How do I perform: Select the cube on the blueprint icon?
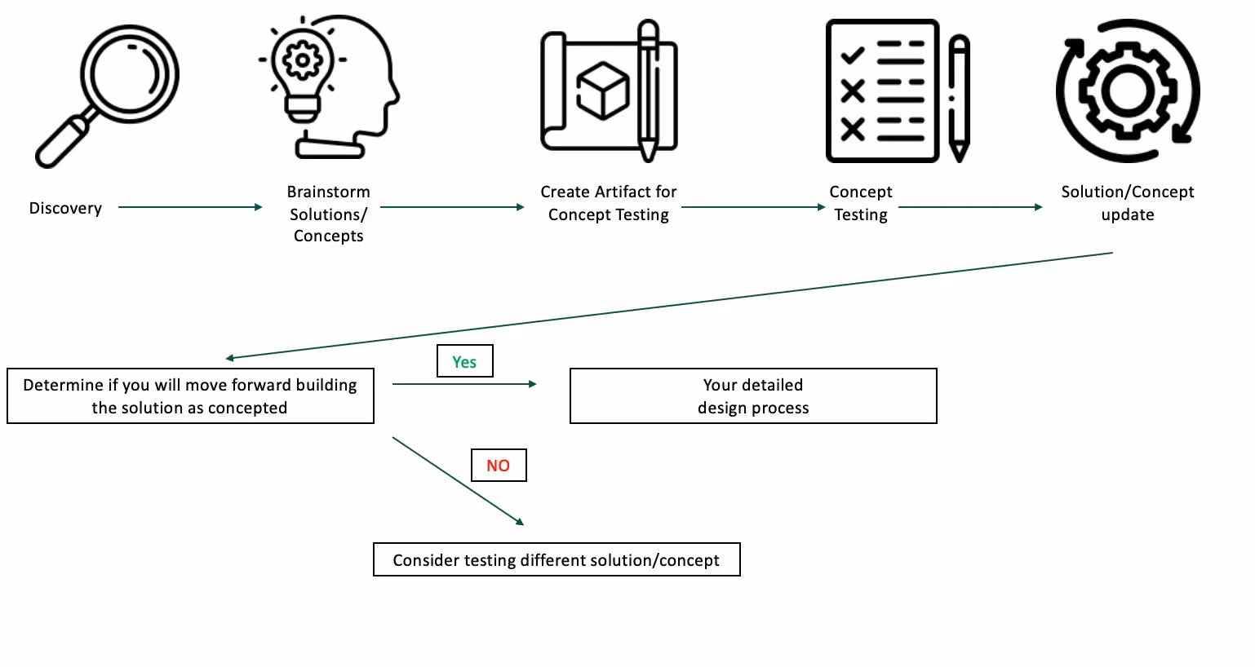pos(602,90)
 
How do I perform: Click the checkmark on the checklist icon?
pos(852,55)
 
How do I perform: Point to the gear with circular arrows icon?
pos(1127,91)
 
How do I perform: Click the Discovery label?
pos(65,208)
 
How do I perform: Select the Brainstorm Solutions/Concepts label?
pos(328,214)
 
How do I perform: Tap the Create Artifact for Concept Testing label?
pos(608,203)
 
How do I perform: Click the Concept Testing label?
pos(860,203)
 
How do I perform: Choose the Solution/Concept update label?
pos(1127,203)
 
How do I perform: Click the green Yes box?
pos(464,361)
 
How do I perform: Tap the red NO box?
pos(499,466)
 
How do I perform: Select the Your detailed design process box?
pos(752,396)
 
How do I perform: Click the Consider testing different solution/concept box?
pos(557,560)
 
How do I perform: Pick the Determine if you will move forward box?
pos(190,396)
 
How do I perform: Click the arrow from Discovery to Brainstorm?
pos(189,207)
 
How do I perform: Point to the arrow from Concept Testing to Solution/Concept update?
pos(969,207)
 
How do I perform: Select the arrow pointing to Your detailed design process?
pos(463,384)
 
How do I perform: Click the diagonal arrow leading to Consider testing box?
pos(457,480)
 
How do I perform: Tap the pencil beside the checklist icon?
pos(959,98)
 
